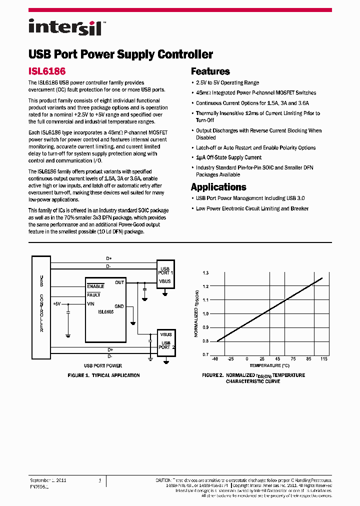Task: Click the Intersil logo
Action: point(65,27)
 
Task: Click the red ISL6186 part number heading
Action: point(47,71)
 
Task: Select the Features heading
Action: point(210,71)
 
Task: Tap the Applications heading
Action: point(218,187)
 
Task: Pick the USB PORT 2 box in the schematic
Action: point(166,341)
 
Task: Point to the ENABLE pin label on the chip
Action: point(95,286)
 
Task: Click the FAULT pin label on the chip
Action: point(93,295)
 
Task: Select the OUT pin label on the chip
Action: point(119,282)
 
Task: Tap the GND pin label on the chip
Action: point(119,306)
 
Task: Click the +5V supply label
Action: point(56,303)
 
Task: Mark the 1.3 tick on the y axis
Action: point(205,273)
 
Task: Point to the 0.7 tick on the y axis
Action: point(205,354)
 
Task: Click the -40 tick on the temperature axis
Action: point(215,359)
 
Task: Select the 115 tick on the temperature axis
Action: point(324,359)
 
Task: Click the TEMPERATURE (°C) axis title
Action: point(270,365)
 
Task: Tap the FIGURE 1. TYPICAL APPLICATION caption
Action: point(103,375)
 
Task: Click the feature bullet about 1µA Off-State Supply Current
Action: point(228,157)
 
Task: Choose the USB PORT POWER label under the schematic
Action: point(102,366)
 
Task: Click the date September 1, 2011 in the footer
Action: point(48,480)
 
